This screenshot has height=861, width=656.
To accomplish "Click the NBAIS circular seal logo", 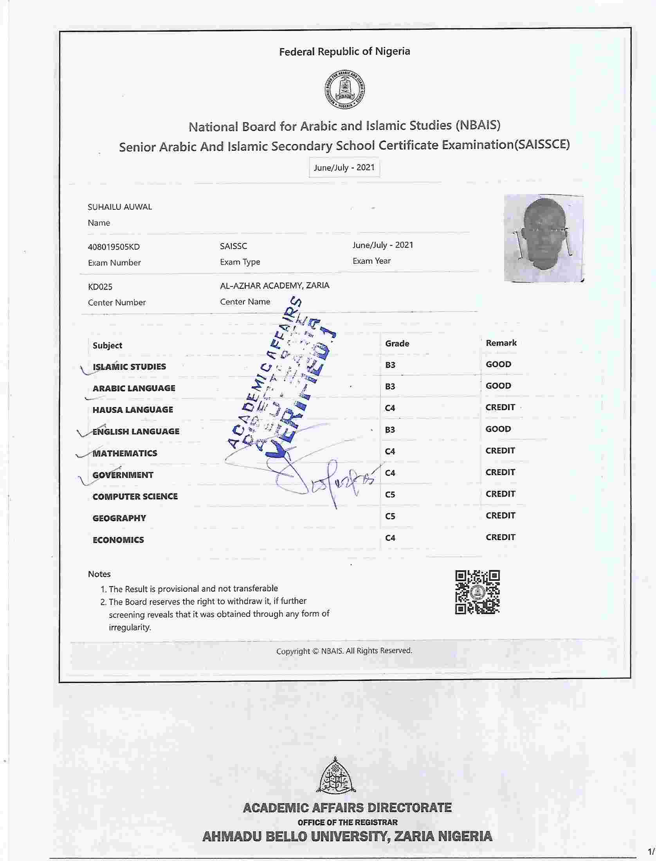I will [x=345, y=91].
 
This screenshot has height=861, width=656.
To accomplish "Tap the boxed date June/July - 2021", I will [x=344, y=168].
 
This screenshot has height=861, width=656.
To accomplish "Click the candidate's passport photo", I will [x=544, y=238].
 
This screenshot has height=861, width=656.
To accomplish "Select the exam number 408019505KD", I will [x=114, y=247].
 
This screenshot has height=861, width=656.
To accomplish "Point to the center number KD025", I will [x=100, y=287].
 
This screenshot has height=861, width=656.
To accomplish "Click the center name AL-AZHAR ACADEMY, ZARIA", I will [x=274, y=286].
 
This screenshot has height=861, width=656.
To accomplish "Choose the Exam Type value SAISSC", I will [x=233, y=246].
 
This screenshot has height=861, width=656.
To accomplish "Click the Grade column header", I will [x=397, y=344].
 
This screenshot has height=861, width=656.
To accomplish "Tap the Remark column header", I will [x=501, y=343].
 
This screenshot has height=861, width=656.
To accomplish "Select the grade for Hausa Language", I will [x=390, y=408].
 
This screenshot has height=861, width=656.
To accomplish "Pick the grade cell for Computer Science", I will [x=390, y=495].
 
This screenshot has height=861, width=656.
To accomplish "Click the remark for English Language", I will [x=498, y=429].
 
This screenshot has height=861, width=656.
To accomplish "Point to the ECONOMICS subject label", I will [x=118, y=540].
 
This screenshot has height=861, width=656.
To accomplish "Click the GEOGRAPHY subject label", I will [x=119, y=518].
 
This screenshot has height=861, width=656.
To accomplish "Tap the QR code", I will [x=477, y=592].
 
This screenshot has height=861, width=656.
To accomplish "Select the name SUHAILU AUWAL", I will [x=119, y=207].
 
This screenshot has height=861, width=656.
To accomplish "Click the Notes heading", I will [x=99, y=574].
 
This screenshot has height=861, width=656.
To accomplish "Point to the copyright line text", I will [x=344, y=651].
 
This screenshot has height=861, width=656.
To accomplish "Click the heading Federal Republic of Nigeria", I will [x=344, y=52].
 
